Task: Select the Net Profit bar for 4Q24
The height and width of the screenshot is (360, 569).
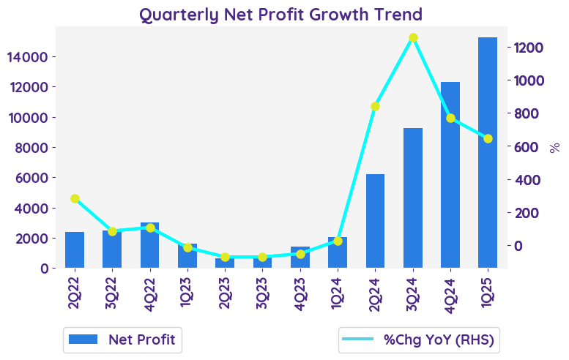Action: [x=450, y=175]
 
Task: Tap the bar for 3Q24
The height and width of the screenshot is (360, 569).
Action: [x=412, y=198]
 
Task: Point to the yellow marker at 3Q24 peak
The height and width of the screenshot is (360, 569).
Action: [x=413, y=38]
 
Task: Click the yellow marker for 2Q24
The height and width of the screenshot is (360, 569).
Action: [x=375, y=107]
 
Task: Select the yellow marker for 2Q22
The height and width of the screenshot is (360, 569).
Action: [x=75, y=198]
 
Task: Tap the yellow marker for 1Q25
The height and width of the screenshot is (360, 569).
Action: [x=488, y=138]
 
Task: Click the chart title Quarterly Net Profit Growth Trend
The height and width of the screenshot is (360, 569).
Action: [x=281, y=15]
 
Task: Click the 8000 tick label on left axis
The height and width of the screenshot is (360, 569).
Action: [x=32, y=148]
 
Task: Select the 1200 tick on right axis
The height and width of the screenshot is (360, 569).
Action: [x=528, y=48]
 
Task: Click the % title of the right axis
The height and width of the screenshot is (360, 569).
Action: [x=554, y=147]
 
